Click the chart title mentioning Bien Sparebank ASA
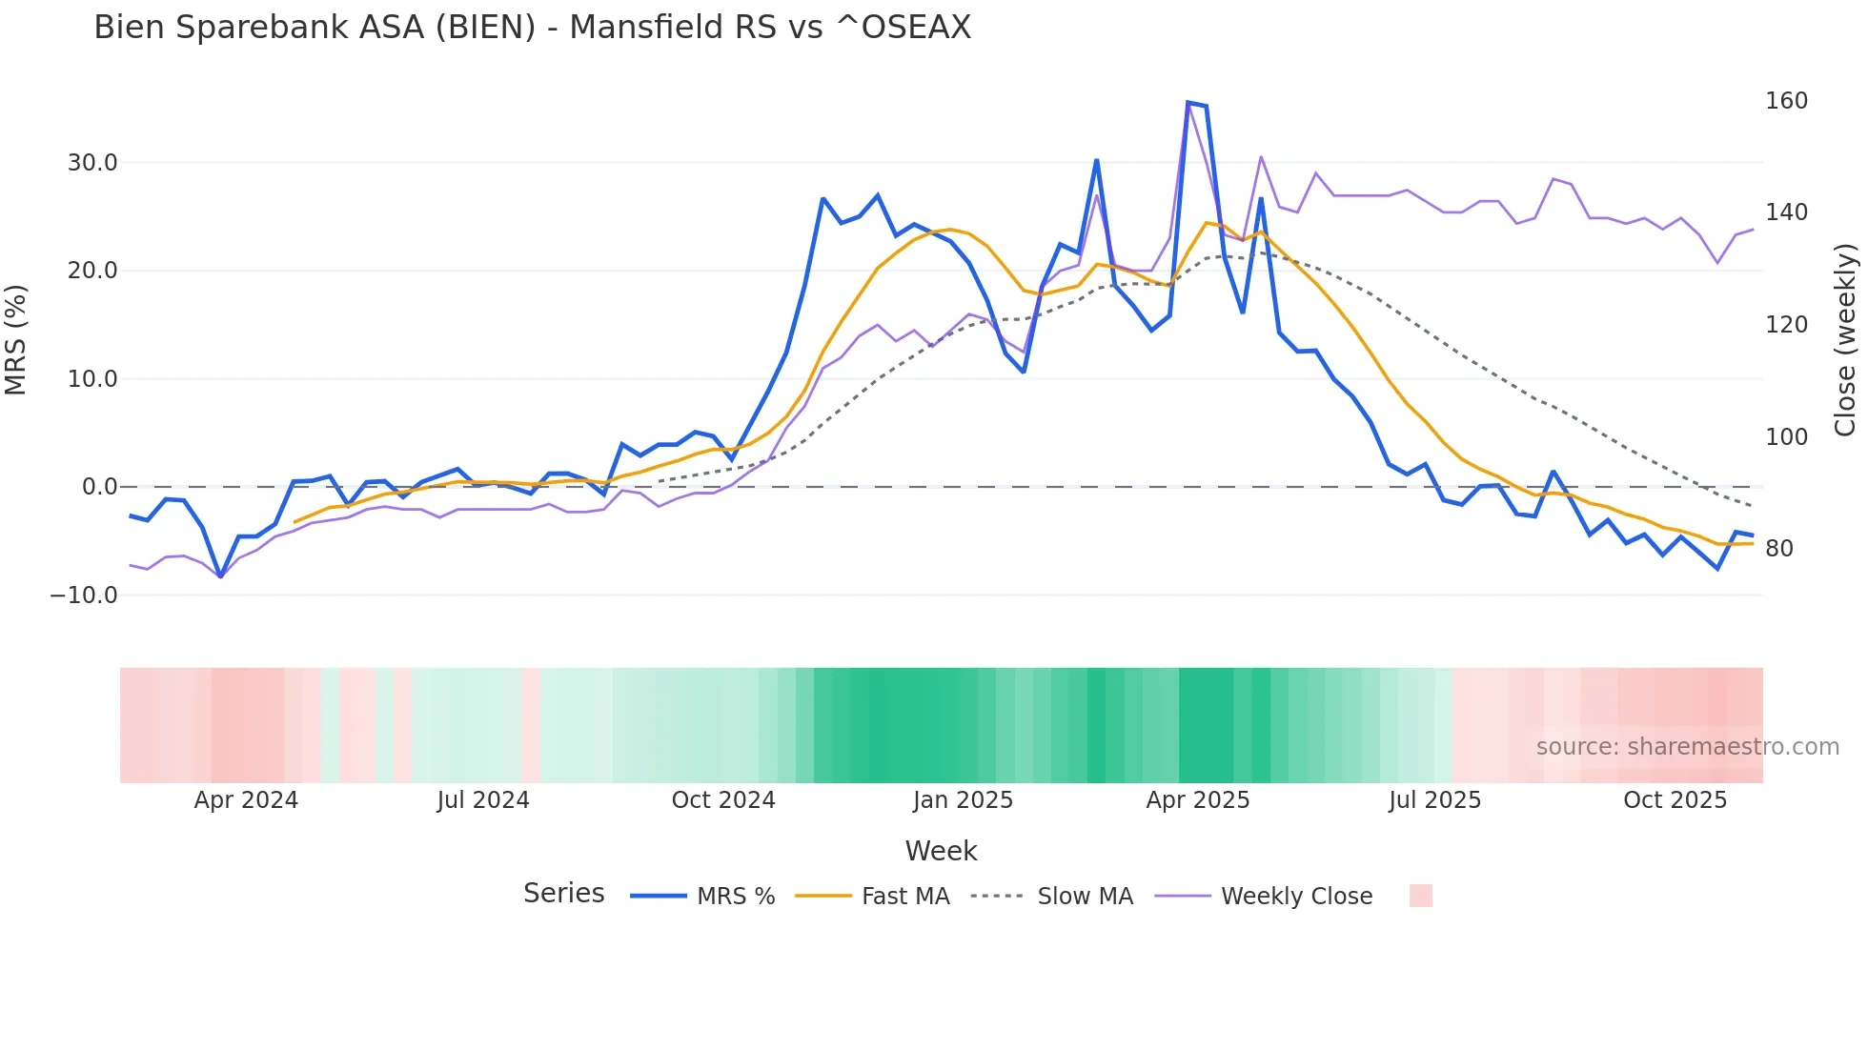(532, 28)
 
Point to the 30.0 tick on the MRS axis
(92, 163)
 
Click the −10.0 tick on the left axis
(84, 596)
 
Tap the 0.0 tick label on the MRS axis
(99, 487)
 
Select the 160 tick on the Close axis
(1786, 101)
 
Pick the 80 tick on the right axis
(1778, 549)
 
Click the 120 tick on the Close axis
(1786, 325)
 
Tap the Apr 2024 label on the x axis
(246, 800)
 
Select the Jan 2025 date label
(963, 800)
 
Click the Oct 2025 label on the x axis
(1675, 800)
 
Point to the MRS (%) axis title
(16, 339)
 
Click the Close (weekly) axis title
(1845, 339)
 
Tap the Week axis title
(941, 851)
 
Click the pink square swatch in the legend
(1420, 896)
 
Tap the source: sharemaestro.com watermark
(1687, 747)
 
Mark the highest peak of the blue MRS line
(1188, 102)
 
